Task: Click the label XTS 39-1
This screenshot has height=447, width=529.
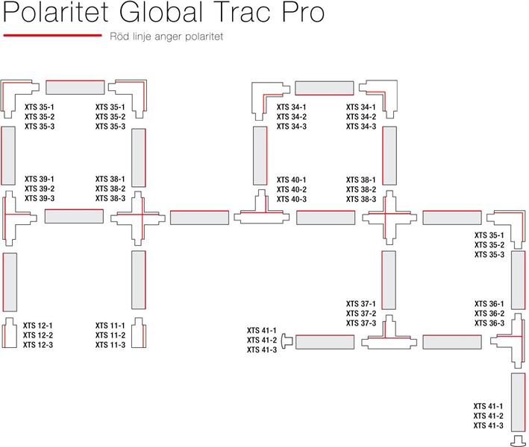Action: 40,180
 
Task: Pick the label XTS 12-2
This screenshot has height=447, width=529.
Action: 38,335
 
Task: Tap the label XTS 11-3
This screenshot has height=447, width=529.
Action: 110,344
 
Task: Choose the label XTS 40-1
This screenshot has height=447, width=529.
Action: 292,180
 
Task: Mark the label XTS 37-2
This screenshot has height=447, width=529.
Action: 361,314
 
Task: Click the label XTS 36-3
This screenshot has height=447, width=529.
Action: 489,323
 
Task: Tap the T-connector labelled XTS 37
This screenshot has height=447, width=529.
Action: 388,339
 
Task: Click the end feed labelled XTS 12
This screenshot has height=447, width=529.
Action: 9,334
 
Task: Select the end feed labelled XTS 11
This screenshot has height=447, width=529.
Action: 138,334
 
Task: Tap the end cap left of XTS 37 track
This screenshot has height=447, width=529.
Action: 287,341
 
